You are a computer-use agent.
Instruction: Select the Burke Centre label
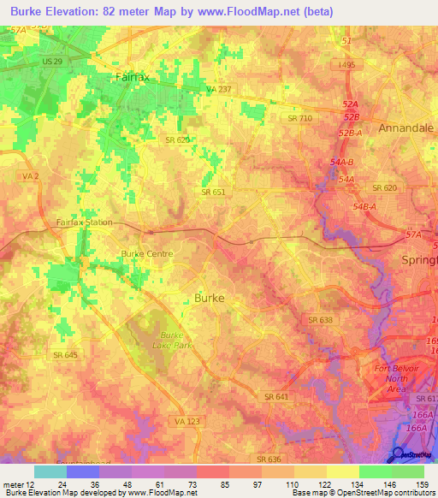coord(147,253)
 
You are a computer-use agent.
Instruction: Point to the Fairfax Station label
coord(84,222)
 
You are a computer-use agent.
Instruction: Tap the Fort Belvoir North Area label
coord(397,379)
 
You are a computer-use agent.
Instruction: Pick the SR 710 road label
coord(299,118)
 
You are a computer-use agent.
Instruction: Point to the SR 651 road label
coord(213,193)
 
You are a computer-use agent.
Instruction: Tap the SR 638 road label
coord(320,320)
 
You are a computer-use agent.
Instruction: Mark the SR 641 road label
coord(276,397)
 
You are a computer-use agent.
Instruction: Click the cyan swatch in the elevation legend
coord(50,471)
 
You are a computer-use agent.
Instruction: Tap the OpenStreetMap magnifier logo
coord(400,455)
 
